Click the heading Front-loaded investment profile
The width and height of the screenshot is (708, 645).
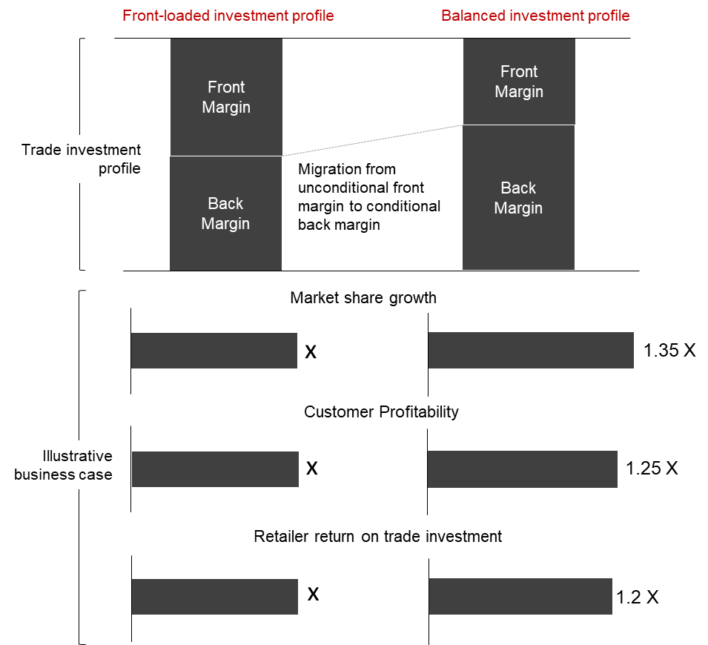pyautogui.click(x=228, y=16)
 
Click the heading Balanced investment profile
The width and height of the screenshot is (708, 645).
pyautogui.click(x=535, y=16)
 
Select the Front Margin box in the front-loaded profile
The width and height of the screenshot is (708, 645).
pyautogui.click(x=226, y=97)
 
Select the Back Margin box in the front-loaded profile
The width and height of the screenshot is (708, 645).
pyautogui.click(x=225, y=214)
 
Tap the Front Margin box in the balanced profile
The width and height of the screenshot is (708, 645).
pyautogui.click(x=519, y=82)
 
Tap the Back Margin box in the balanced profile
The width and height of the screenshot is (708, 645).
pyautogui.click(x=518, y=198)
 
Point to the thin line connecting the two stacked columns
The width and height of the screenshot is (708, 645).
pyautogui.click(x=372, y=141)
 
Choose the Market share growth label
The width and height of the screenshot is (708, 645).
pyautogui.click(x=364, y=298)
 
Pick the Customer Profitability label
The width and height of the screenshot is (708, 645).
pyautogui.click(x=382, y=412)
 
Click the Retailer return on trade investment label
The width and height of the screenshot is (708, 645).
pyautogui.click(x=379, y=536)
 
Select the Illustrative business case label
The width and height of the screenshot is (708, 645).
pyautogui.click(x=63, y=466)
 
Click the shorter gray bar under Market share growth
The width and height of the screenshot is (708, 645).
pyautogui.click(x=214, y=351)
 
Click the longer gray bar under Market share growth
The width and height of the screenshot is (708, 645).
pyautogui.click(x=531, y=350)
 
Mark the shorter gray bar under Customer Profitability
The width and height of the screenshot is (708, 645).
pyautogui.click(x=215, y=469)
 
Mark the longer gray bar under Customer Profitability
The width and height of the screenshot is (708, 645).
pyautogui.click(x=523, y=469)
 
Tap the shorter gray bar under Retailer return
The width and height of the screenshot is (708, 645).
pyautogui.click(x=214, y=597)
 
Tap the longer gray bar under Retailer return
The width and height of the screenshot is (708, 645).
pyautogui.click(x=520, y=597)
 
